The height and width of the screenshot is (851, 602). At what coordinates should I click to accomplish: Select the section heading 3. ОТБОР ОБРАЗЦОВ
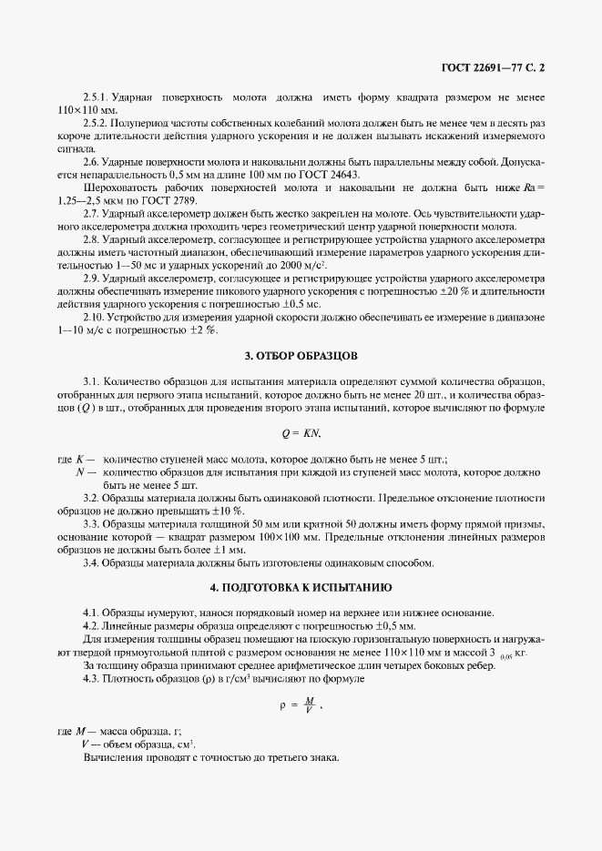point(301,353)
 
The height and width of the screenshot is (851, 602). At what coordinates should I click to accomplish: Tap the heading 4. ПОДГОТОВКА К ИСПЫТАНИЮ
point(301,587)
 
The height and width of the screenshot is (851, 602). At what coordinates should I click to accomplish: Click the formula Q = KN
point(301,434)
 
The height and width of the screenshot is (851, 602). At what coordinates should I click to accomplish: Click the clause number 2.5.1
point(96,96)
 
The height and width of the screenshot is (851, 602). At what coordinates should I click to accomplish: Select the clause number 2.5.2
point(96,121)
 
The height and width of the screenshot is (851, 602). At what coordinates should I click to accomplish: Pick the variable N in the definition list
point(81,472)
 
